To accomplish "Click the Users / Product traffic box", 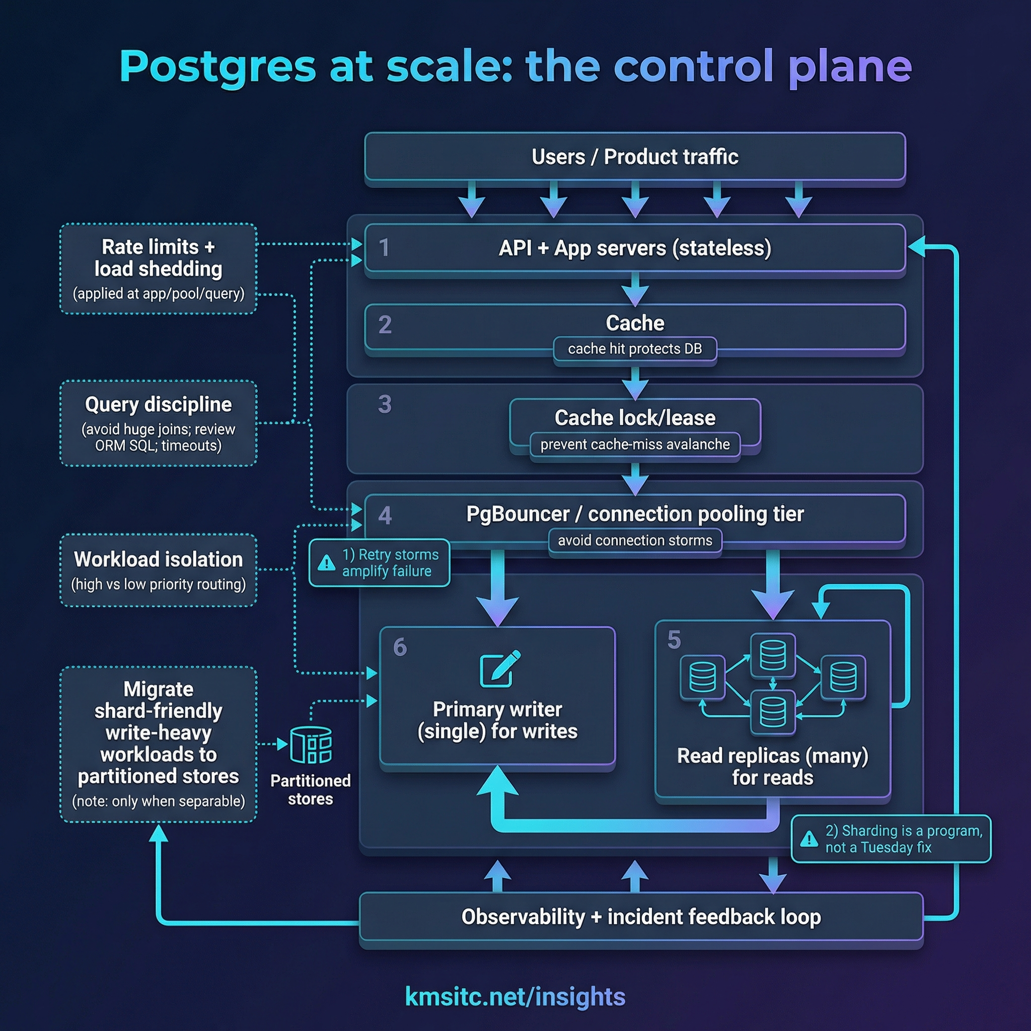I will [634, 157].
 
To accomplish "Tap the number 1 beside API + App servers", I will [384, 248].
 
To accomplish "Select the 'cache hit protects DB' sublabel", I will [634, 349].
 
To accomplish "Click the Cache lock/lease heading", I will [634, 417].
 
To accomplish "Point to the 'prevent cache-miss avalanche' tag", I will [634, 445].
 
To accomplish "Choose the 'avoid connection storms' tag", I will [634, 541].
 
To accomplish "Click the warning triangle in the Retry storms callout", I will [326, 563].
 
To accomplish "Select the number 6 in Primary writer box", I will [400, 647].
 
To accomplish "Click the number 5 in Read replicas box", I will [674, 640].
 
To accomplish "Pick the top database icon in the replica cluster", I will [772, 655].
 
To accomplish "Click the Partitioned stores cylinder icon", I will [311, 745].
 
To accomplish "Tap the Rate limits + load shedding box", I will [158, 268].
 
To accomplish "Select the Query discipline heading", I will [158, 405].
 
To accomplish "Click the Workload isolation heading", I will [158, 559].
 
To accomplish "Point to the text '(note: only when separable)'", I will [158, 801].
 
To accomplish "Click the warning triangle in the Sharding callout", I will [809, 839].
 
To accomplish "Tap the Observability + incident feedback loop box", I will [640, 917].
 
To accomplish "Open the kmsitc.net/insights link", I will [515, 996].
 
